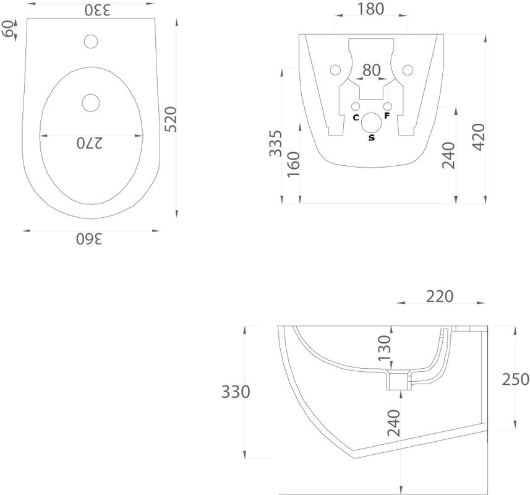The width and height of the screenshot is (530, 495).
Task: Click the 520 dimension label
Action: point(171,119)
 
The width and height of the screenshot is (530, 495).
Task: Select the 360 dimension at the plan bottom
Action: point(89,239)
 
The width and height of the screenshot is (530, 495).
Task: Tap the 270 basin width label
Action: point(89,143)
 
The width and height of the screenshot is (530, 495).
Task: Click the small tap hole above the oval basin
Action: point(91,41)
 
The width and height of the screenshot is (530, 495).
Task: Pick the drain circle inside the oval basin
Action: point(91,103)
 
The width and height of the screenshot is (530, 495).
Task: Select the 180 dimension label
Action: point(370,9)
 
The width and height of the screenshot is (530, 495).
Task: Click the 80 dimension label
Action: point(372,71)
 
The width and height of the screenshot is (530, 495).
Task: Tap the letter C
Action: point(356,118)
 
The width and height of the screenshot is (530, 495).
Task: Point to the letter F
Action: point(387,116)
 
